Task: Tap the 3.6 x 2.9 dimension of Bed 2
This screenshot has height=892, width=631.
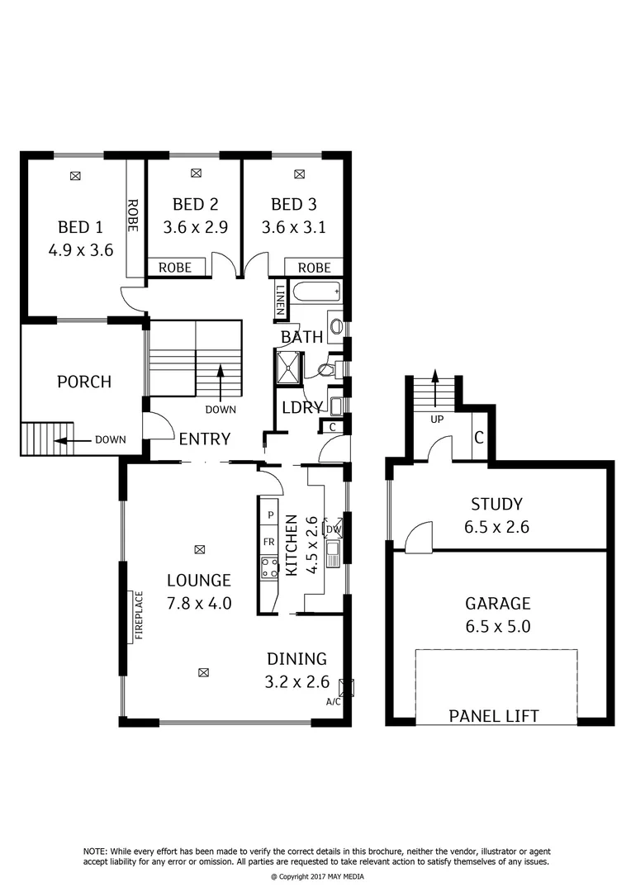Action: point(195,228)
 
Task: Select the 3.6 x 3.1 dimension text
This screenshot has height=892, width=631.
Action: point(293,228)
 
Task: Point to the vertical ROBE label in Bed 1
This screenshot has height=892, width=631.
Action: point(132,214)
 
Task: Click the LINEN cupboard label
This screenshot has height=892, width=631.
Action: point(281,301)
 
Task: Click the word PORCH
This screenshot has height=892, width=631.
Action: point(83,382)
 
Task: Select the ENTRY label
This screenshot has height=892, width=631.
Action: point(205,439)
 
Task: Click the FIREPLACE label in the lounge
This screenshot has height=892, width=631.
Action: point(138,614)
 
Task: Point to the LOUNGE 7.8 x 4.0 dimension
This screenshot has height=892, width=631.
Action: point(198,604)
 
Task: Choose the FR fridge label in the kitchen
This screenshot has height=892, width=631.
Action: point(268,542)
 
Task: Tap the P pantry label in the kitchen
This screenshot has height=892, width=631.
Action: point(268,515)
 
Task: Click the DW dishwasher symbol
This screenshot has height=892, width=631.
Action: point(333,529)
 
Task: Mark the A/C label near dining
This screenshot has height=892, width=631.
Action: point(334,702)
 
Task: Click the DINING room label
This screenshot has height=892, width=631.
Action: point(297,659)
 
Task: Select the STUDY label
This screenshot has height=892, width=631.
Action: point(496,505)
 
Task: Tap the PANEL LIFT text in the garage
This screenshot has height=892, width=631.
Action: point(494,715)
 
